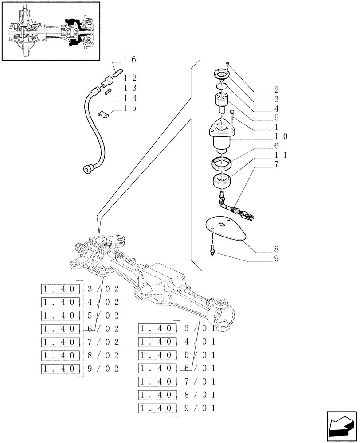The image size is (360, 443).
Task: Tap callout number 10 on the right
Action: click(281, 136)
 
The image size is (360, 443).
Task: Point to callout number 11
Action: click(281, 155)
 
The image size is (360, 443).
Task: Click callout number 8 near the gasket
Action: click(276, 249)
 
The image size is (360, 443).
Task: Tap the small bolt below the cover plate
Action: click(213, 252)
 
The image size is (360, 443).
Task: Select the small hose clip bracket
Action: click(103, 116)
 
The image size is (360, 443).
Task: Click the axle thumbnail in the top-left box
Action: click(50, 31)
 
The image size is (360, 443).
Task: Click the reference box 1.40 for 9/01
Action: click(157, 408)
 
